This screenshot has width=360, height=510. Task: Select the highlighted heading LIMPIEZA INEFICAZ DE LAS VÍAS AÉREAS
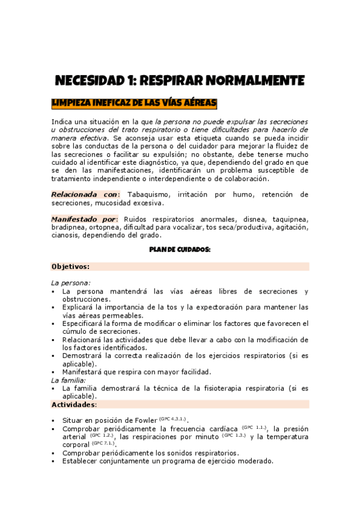pos(134,103)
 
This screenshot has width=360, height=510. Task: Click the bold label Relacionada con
pos(85,194)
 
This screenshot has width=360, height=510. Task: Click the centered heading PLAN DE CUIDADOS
pos(180,250)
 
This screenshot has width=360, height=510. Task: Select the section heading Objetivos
pos(70,266)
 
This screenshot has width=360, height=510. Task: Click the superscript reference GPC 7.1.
pos(103,443)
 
